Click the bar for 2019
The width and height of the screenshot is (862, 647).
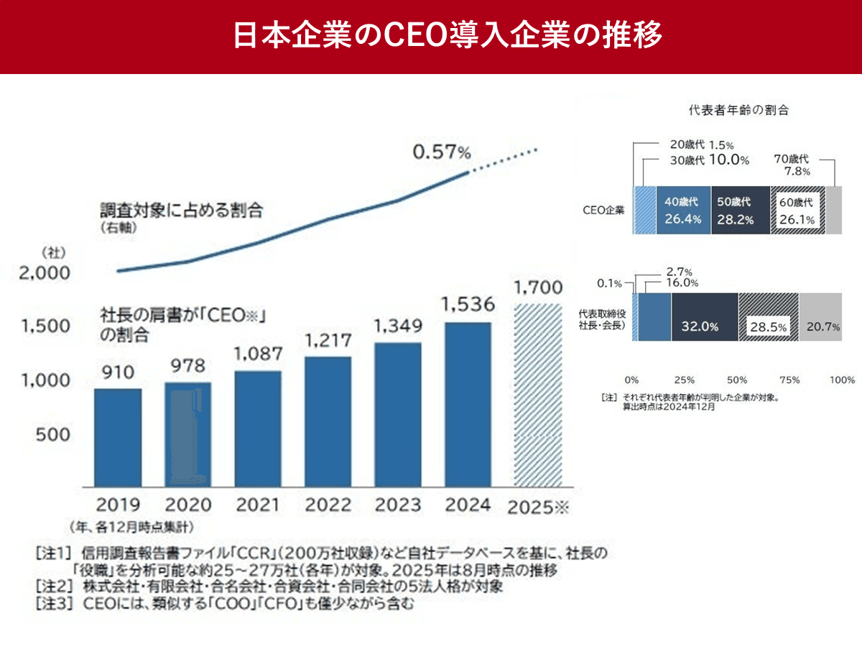[x=118, y=438]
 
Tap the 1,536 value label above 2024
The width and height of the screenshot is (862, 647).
[x=468, y=305]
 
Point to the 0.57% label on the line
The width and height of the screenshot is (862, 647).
[x=441, y=152]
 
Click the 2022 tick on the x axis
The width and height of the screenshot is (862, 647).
[x=328, y=504]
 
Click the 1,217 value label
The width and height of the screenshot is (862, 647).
[x=328, y=339]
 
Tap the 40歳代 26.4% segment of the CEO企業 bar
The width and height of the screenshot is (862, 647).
[x=682, y=211]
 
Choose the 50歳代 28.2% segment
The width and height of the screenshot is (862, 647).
[x=741, y=211]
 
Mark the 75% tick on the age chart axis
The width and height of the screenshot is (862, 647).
[x=790, y=380]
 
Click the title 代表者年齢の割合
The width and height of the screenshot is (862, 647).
[x=738, y=111]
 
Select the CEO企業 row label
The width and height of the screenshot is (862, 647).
[x=604, y=211]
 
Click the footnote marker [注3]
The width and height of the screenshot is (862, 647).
[x=54, y=605]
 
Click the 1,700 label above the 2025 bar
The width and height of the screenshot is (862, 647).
[x=538, y=288]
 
